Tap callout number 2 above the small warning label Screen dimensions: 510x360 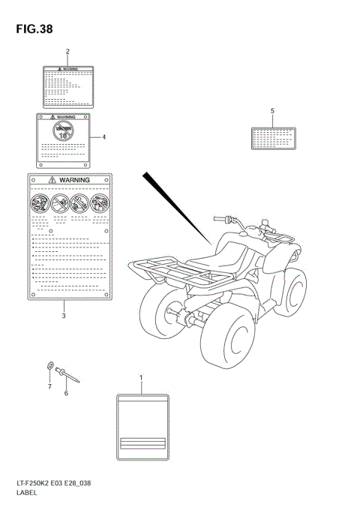[x=67, y=52]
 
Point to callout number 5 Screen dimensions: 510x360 [x=272, y=111]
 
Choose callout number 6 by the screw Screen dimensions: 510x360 [x=65, y=392]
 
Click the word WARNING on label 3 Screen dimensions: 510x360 [x=74, y=181]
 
